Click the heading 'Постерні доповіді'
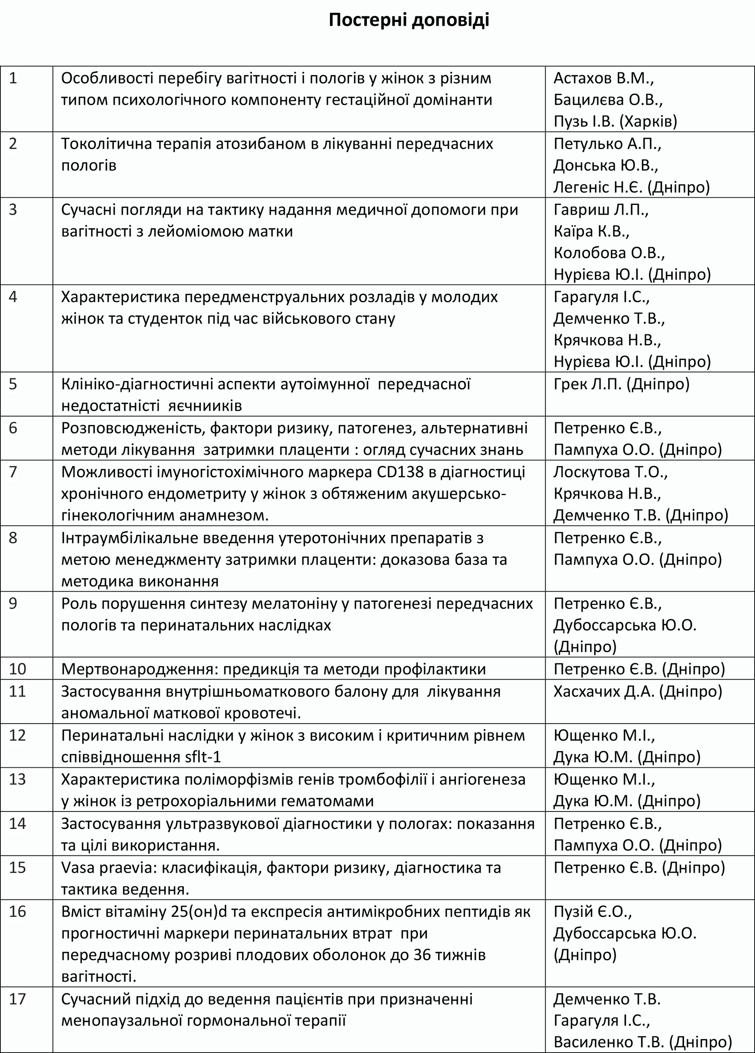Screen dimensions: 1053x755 tap(409, 21)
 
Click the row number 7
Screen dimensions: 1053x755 tap(13, 472)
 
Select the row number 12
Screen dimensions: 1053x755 tap(17, 735)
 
